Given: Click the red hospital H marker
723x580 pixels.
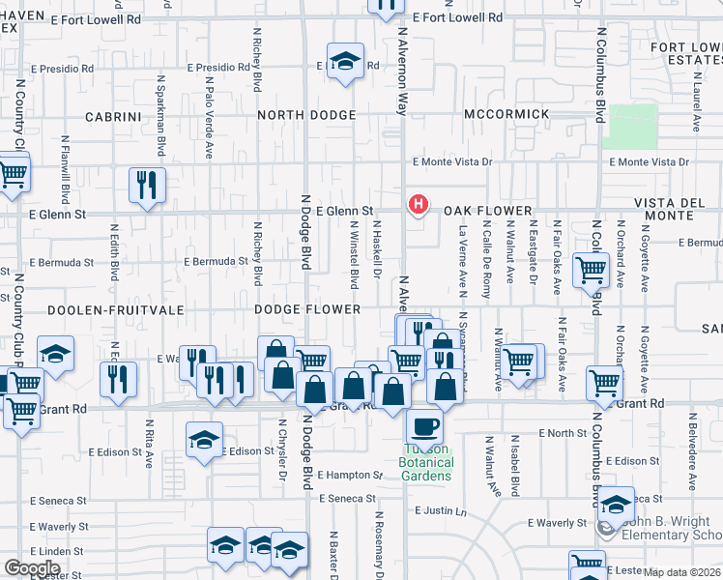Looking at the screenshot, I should click(418, 204).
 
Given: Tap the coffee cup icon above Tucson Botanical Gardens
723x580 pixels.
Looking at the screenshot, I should click(424, 426).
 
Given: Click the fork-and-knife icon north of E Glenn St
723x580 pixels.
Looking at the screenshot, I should click(147, 185).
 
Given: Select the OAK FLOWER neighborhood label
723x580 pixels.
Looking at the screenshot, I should click(488, 211).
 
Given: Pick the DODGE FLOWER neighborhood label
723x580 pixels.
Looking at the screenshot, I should click(306, 309).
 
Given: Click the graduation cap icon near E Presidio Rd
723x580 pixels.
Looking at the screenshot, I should click(345, 61).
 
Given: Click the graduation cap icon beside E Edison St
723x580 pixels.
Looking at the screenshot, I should click(205, 441).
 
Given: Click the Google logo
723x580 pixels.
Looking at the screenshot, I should click(32, 568).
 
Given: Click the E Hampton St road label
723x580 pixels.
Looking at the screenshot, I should click(351, 475).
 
